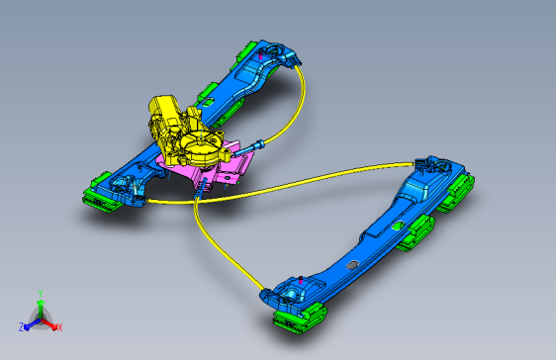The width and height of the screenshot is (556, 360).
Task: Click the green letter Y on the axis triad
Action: pyautogui.click(x=41, y=294)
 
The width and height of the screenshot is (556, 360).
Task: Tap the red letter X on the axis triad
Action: pyautogui.click(x=60, y=327)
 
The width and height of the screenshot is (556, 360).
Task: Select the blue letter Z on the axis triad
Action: pyautogui.click(x=22, y=326)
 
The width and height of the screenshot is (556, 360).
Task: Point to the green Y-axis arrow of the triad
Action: pyautogui.click(x=41, y=309)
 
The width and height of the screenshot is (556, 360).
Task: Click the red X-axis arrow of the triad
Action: pyautogui.click(x=48, y=323)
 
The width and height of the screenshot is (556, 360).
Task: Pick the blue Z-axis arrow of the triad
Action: pyautogui.click(x=33, y=323)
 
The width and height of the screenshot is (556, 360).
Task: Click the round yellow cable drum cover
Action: pyautogui.click(x=200, y=145)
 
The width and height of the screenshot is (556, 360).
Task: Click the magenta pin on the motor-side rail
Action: pyautogui.click(x=260, y=55)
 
